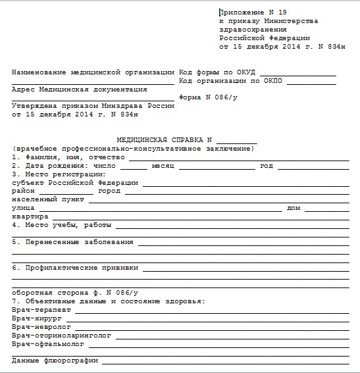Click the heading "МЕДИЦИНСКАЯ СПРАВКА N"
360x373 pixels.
(164, 140)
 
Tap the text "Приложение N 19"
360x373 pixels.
(250, 12)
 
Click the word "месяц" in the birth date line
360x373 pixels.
(161, 166)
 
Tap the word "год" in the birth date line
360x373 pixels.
(266, 166)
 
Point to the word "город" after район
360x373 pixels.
(109, 191)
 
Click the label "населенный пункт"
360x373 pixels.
(48, 199)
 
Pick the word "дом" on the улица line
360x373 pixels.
(294, 208)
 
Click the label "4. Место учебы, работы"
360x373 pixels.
(62, 225)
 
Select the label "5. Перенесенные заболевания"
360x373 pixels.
(72, 242)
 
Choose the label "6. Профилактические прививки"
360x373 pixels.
(75, 268)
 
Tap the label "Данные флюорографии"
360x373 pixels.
(55, 361)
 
